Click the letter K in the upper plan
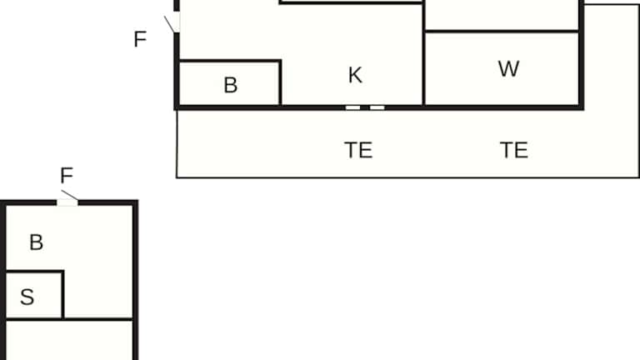[x=355, y=75]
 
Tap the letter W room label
[x=508, y=69]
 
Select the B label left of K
[x=231, y=85]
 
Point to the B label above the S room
[x=36, y=242]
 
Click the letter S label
[x=27, y=297]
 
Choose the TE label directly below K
[x=358, y=151]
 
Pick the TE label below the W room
[x=514, y=150]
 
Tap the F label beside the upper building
[x=140, y=39]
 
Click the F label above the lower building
[x=67, y=176]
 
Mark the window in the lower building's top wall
[x=67, y=202]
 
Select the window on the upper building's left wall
[x=177, y=22]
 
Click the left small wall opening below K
[x=353, y=107]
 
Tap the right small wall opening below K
[x=377, y=107]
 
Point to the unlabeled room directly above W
[x=502, y=14]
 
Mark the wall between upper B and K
[x=280, y=83]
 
